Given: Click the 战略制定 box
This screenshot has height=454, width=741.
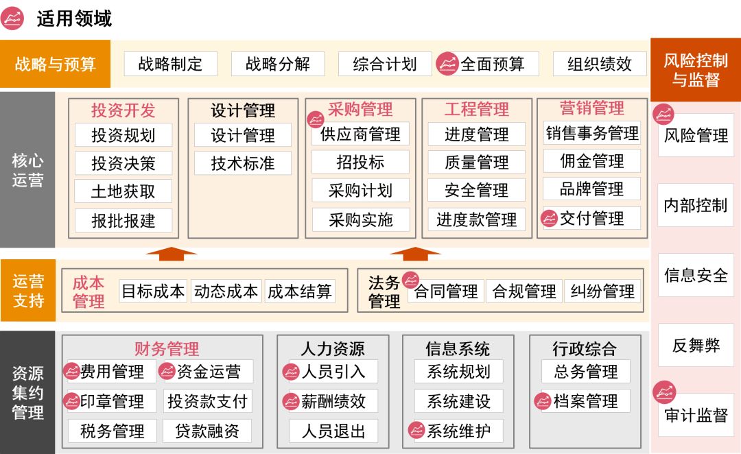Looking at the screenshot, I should point(170,64).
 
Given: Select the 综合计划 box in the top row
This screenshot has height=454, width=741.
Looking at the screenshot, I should point(385,64).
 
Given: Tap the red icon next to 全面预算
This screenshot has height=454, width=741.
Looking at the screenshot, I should point(447,64).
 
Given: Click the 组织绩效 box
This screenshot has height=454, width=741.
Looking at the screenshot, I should point(599,64).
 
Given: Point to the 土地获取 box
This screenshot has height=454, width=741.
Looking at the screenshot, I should point(123,191).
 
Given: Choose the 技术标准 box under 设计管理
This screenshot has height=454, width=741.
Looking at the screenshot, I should point(243,163).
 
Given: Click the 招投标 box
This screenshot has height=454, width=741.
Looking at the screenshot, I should point(360,163).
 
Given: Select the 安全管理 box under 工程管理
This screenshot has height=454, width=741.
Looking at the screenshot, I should point(476,190).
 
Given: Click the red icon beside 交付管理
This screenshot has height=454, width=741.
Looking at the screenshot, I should point(549,219).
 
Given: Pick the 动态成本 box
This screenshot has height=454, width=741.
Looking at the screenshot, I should point(226,291).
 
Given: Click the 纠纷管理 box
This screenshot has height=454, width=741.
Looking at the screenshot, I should point(602,291).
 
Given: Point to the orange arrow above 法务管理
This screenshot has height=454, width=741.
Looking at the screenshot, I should point(415,254).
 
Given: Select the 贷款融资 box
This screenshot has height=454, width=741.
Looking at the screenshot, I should point(207,431).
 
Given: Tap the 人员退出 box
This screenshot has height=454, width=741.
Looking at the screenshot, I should point(333,431).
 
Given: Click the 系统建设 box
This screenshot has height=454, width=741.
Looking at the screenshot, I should point(458,401).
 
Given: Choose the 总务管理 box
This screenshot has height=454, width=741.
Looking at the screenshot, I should point(586,372).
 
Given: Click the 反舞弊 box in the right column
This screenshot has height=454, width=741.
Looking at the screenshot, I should point(696,346).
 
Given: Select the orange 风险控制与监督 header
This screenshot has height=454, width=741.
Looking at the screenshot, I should point(695,70).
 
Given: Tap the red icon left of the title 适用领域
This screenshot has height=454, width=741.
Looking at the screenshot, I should point(13,19).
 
